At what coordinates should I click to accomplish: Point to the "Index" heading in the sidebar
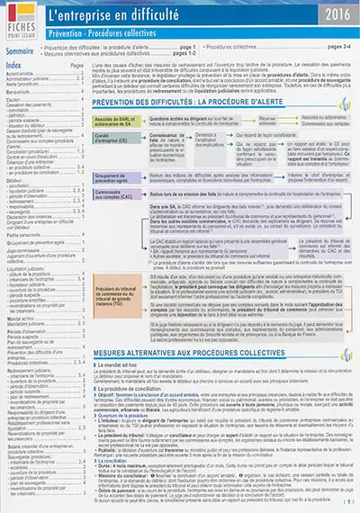(x=17, y=67)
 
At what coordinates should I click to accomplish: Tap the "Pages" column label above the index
(x=77, y=67)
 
